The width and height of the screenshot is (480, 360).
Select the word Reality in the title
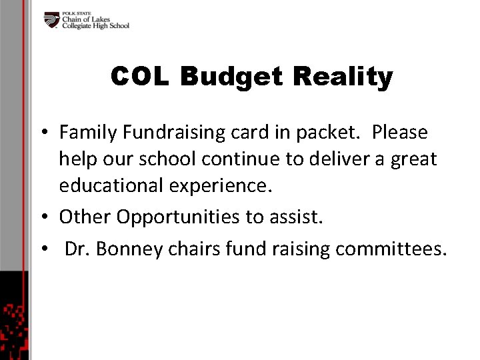coord(349,77)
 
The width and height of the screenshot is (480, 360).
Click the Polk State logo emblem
coord(51,21)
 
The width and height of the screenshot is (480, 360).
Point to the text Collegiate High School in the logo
coord(95,26)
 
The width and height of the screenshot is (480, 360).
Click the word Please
coord(400,133)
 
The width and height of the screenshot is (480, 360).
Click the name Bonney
coord(137,249)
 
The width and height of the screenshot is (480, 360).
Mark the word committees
coord(391,249)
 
